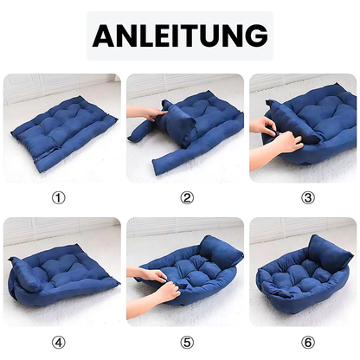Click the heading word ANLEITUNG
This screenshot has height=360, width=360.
(x=179, y=35)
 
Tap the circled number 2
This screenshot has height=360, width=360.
(x=187, y=197)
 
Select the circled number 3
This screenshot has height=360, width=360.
(x=307, y=197)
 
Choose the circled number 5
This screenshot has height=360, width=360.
(x=187, y=340)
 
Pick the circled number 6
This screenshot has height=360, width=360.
(x=307, y=340)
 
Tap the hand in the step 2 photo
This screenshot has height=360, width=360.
(x=145, y=113)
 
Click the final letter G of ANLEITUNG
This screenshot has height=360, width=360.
(x=254, y=35)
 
